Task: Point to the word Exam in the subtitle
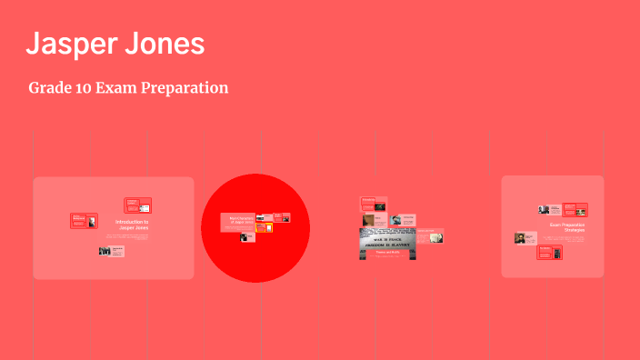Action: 119,88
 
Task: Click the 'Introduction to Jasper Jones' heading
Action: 133,225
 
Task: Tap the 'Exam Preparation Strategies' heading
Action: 567,227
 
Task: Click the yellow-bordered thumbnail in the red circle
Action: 264,227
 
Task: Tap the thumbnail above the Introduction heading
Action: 137,205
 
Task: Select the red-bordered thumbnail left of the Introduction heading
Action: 84,221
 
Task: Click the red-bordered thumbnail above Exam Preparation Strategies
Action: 575,210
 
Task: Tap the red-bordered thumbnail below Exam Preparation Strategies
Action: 549,253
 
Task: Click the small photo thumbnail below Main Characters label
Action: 245,237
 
